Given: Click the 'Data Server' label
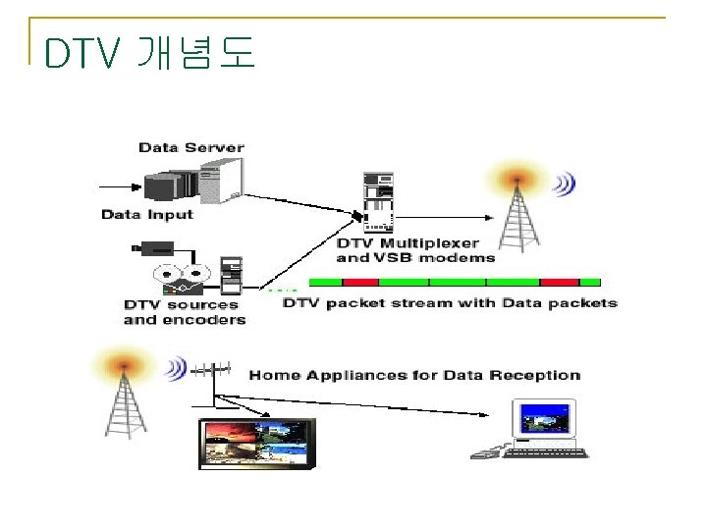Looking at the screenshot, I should [191, 147].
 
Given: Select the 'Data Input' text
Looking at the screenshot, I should [147, 214].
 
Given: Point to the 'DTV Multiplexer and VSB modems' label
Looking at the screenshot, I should [415, 250].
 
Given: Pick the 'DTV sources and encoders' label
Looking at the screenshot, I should [185, 312].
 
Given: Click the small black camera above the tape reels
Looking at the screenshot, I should [154, 246].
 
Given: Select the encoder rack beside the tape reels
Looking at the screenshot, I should [231, 275].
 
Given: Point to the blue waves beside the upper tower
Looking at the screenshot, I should [563, 184].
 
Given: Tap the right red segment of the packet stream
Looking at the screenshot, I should [561, 282].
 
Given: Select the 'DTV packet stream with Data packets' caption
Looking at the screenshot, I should [451, 302].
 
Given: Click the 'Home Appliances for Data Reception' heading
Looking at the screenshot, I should [414, 375].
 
